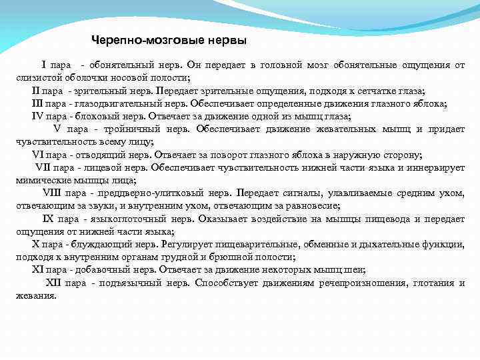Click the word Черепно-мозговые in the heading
(133, 41)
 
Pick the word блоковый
(94, 116)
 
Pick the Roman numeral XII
(53, 283)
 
